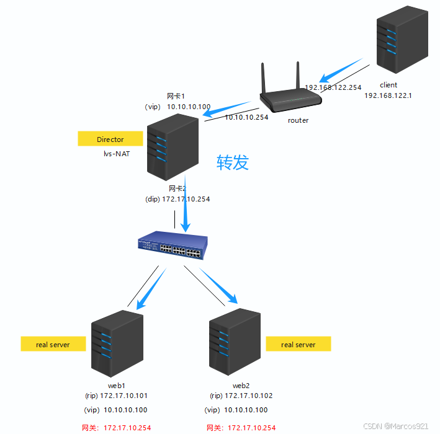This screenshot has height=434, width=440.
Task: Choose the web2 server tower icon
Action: pyautogui.click(x=234, y=343)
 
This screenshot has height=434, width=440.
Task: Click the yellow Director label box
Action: pyautogui.click(x=110, y=139)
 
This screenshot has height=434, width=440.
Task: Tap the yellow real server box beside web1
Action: pyautogui.click(x=53, y=344)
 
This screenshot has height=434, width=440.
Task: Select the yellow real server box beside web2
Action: pyautogui.click(x=298, y=344)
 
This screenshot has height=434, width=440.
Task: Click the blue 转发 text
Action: pyautogui.click(x=232, y=162)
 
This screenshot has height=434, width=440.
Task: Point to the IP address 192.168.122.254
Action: pyautogui.click(x=333, y=87)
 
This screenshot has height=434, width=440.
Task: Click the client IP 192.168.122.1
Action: pyautogui.click(x=388, y=95)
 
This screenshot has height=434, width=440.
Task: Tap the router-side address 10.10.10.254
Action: pyautogui.click(x=246, y=117)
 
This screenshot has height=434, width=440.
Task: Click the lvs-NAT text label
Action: pyautogui.click(x=117, y=154)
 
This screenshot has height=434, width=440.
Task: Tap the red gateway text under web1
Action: pyautogui.click(x=117, y=427)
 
